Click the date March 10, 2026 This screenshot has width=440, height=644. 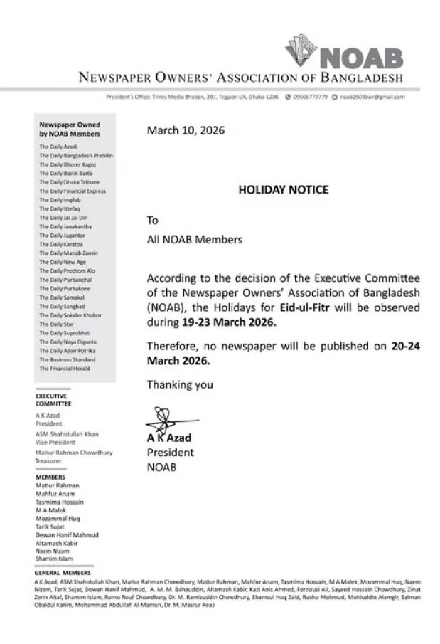click(185, 130)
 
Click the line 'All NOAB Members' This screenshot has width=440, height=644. click(194, 239)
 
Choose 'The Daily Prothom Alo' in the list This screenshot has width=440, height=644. click(67, 270)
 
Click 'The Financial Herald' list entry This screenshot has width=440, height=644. click(65, 369)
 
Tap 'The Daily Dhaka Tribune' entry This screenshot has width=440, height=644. click(68, 181)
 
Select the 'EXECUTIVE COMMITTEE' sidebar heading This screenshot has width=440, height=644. click(53, 400)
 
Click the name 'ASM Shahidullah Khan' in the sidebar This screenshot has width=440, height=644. click(67, 433)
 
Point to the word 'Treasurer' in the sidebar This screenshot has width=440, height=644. click(49, 460)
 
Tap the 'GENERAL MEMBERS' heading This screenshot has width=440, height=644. click(63, 572)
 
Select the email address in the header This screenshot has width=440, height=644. click(372, 97)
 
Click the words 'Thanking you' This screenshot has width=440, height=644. click(180, 385)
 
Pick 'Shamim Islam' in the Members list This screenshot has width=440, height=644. click(54, 559)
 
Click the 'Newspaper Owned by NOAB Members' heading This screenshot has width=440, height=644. click(70, 129)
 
